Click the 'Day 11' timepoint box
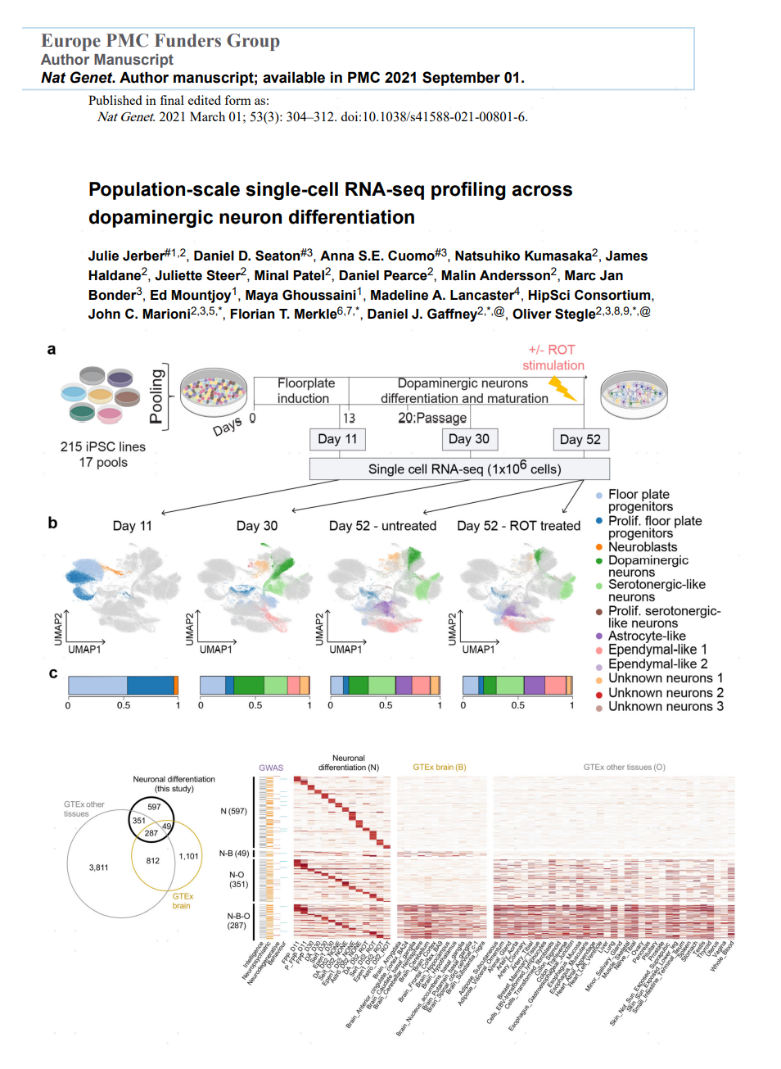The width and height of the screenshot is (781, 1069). (x=337, y=439)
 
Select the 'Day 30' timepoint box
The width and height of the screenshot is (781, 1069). (x=469, y=439)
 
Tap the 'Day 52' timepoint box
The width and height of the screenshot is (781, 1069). (x=580, y=440)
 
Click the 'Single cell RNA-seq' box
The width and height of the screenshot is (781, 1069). (x=459, y=469)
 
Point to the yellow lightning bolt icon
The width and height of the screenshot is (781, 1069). (x=562, y=388)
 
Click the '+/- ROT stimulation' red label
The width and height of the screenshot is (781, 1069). (x=553, y=357)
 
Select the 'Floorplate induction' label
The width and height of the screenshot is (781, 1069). (x=305, y=391)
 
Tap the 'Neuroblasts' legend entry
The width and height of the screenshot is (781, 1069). (x=643, y=547)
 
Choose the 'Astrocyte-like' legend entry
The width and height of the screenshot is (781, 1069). (x=647, y=636)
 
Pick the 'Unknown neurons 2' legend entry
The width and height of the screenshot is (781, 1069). (x=666, y=693)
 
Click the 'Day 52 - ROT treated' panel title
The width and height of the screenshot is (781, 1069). (x=518, y=526)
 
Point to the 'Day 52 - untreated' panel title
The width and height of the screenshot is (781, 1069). (x=382, y=526)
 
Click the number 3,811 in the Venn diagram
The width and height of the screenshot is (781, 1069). (x=98, y=867)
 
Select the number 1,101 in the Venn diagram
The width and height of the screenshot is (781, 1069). (x=188, y=857)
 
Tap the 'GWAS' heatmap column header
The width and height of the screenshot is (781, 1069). (x=271, y=768)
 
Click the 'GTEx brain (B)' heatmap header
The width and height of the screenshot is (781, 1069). (x=439, y=768)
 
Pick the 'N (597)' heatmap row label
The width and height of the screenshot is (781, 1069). (x=233, y=811)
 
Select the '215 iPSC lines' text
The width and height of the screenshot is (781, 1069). (x=102, y=447)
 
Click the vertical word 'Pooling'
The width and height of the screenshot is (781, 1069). (x=156, y=396)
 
